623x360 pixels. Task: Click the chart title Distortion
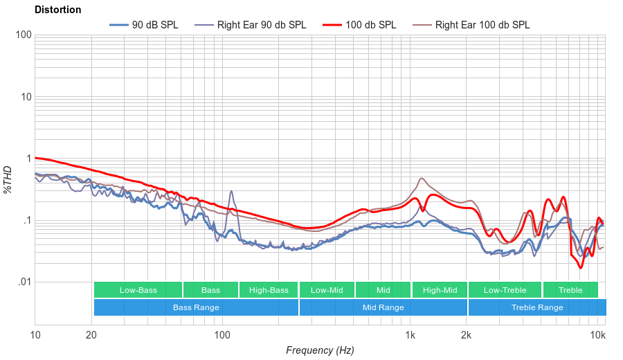point(57,10)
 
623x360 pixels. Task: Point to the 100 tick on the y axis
point(24,35)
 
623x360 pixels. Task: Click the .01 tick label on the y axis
point(24,282)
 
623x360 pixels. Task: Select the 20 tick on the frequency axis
point(91,336)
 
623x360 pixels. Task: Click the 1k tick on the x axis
point(410,336)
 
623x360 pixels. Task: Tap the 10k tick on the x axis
point(598,336)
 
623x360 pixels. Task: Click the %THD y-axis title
point(8,179)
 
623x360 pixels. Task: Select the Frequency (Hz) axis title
point(320,350)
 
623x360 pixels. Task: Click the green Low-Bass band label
point(138,290)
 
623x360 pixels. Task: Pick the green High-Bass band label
point(269,290)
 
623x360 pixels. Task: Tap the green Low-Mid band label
point(327,290)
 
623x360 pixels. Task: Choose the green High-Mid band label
point(440,290)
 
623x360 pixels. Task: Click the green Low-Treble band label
point(505,290)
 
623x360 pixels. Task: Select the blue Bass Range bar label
point(196,307)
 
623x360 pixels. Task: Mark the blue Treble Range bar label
point(537,307)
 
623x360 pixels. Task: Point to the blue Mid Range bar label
point(383,307)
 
